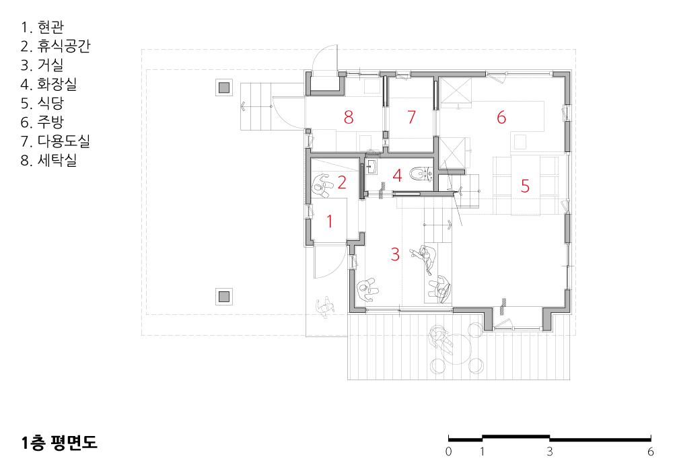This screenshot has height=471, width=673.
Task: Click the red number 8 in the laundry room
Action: (x=349, y=117)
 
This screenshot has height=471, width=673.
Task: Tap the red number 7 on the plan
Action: (x=412, y=116)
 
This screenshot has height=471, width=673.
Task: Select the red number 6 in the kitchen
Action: (x=501, y=117)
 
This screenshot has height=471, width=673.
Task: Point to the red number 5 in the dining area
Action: (x=525, y=186)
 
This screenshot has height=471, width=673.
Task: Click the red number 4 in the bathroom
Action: (x=398, y=175)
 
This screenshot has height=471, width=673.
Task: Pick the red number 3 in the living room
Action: (x=395, y=254)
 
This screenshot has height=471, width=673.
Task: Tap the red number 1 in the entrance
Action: (x=330, y=221)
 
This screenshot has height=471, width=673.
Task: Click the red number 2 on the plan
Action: (x=342, y=182)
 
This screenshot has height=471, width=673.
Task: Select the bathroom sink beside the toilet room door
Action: (x=371, y=167)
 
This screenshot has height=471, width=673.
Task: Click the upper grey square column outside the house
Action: (x=224, y=87)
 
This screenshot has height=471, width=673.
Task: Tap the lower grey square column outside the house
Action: (x=224, y=297)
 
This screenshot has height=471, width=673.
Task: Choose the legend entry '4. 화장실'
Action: (x=48, y=83)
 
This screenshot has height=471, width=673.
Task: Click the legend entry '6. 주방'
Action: (x=42, y=122)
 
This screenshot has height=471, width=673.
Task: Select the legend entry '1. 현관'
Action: (x=42, y=27)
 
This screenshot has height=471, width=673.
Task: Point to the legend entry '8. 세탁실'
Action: (x=48, y=160)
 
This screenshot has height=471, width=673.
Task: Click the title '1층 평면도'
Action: (x=59, y=442)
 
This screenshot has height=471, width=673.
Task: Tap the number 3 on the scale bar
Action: (x=550, y=451)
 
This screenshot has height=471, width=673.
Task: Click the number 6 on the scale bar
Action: (x=651, y=451)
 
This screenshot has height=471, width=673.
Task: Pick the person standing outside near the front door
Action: (x=325, y=307)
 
